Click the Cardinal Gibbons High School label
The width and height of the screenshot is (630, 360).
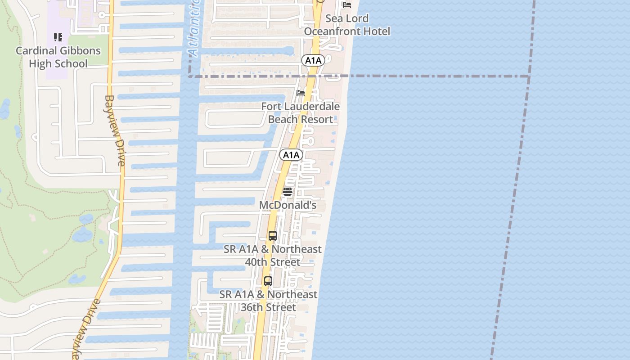[x=58, y=57]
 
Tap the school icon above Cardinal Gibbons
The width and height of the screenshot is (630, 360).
[x=58, y=37]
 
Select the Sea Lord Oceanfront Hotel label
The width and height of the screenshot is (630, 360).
[x=347, y=25]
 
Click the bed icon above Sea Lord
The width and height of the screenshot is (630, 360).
[x=347, y=5]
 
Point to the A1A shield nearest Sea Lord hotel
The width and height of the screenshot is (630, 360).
[x=313, y=60]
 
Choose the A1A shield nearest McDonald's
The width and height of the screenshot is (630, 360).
[x=291, y=155]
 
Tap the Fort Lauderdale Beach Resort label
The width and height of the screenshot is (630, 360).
[x=301, y=113]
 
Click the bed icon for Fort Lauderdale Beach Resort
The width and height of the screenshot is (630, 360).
[x=301, y=93]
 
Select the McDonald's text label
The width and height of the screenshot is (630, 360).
[x=288, y=205]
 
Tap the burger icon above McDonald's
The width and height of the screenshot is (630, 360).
[x=288, y=192]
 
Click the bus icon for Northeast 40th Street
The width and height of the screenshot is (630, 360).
[x=272, y=235]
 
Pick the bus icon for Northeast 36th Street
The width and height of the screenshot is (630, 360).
[x=268, y=281]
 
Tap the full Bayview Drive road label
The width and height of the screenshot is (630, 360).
[x=115, y=130]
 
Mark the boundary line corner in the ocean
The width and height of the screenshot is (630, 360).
[x=529, y=76]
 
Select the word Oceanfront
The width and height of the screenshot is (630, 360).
[x=333, y=31]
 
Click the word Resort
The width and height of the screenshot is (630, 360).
[x=317, y=119]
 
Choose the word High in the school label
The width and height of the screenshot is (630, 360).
[x=40, y=63]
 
